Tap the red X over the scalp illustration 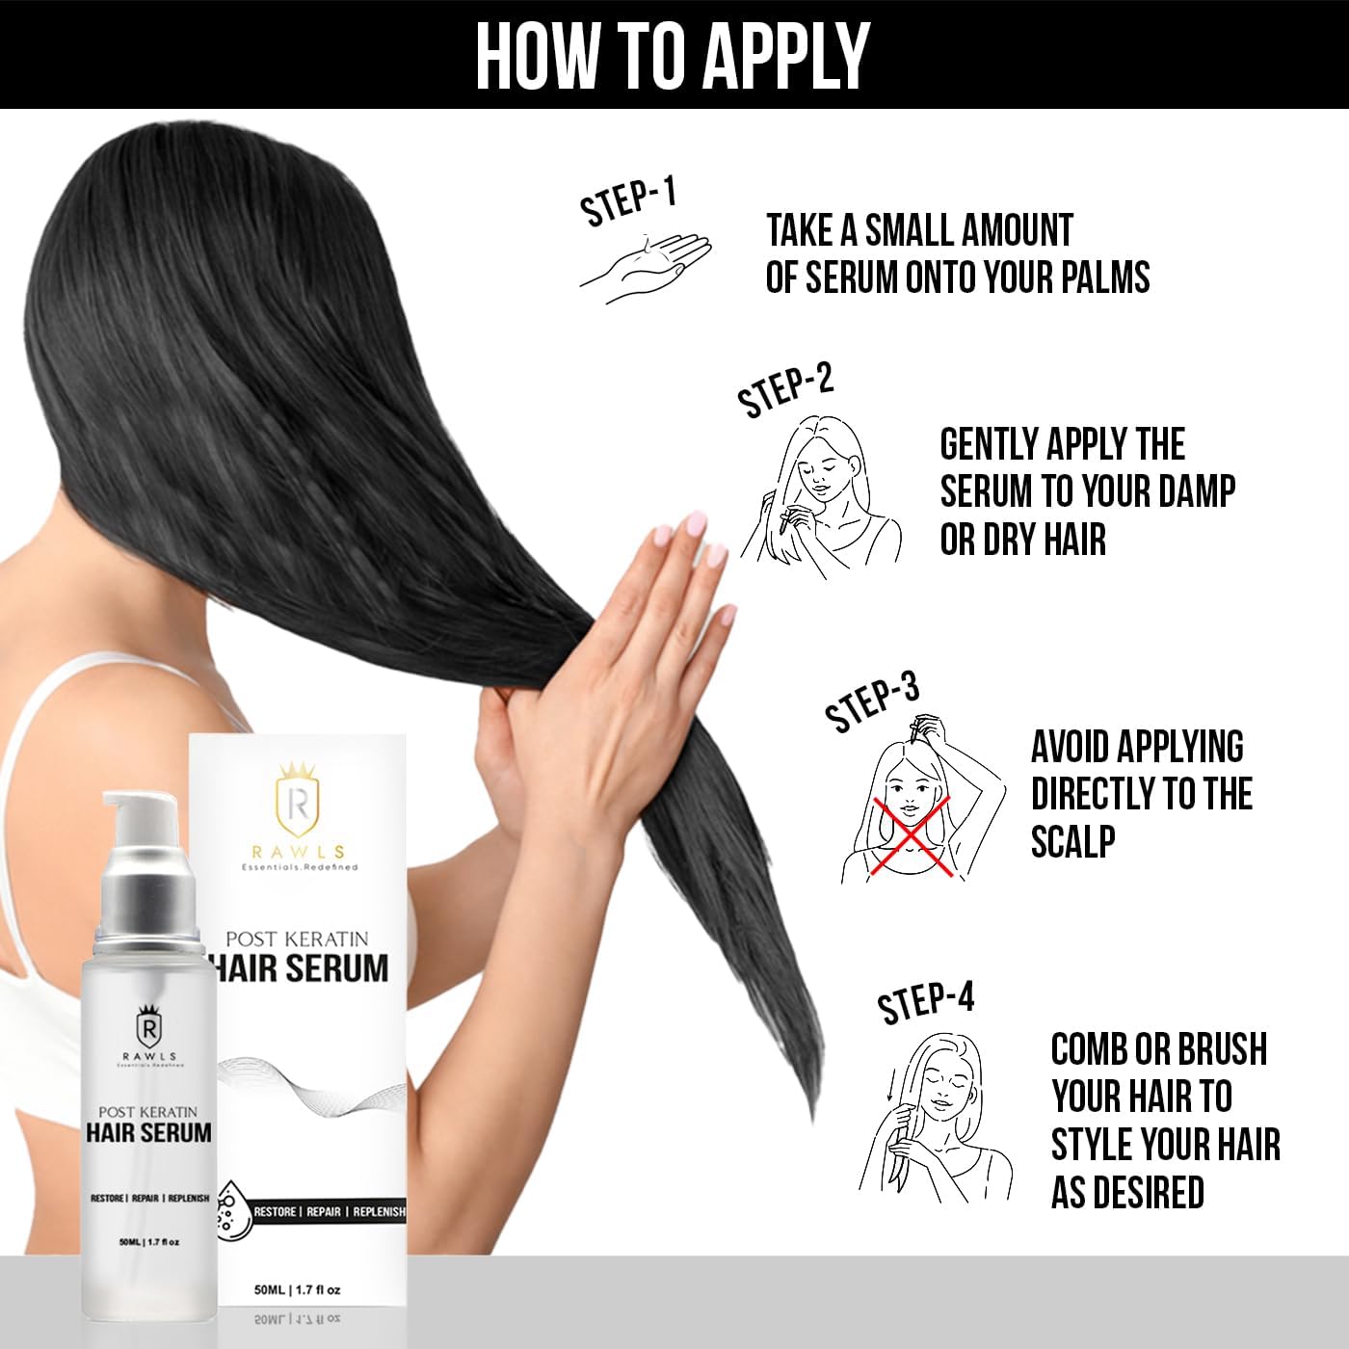[911, 836]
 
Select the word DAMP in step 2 [1197, 491]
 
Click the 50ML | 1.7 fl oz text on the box [298, 1289]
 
